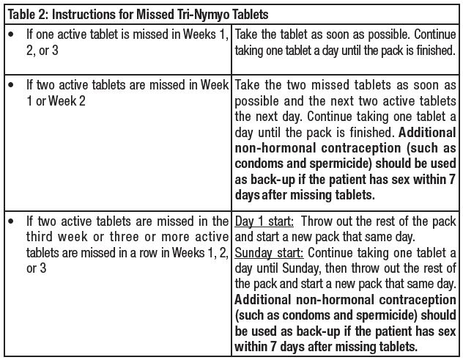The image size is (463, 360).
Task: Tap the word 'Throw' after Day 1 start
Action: click(x=317, y=221)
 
